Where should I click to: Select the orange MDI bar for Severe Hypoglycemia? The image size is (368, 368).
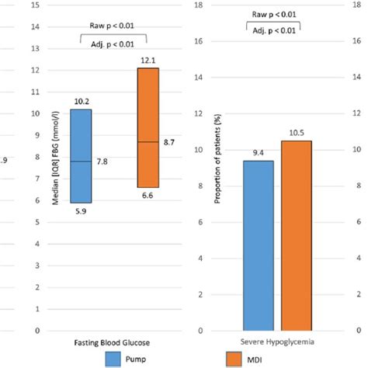[297, 235]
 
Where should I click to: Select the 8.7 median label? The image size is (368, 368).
[171, 142]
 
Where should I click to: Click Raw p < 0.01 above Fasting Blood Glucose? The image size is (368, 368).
[115, 14]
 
